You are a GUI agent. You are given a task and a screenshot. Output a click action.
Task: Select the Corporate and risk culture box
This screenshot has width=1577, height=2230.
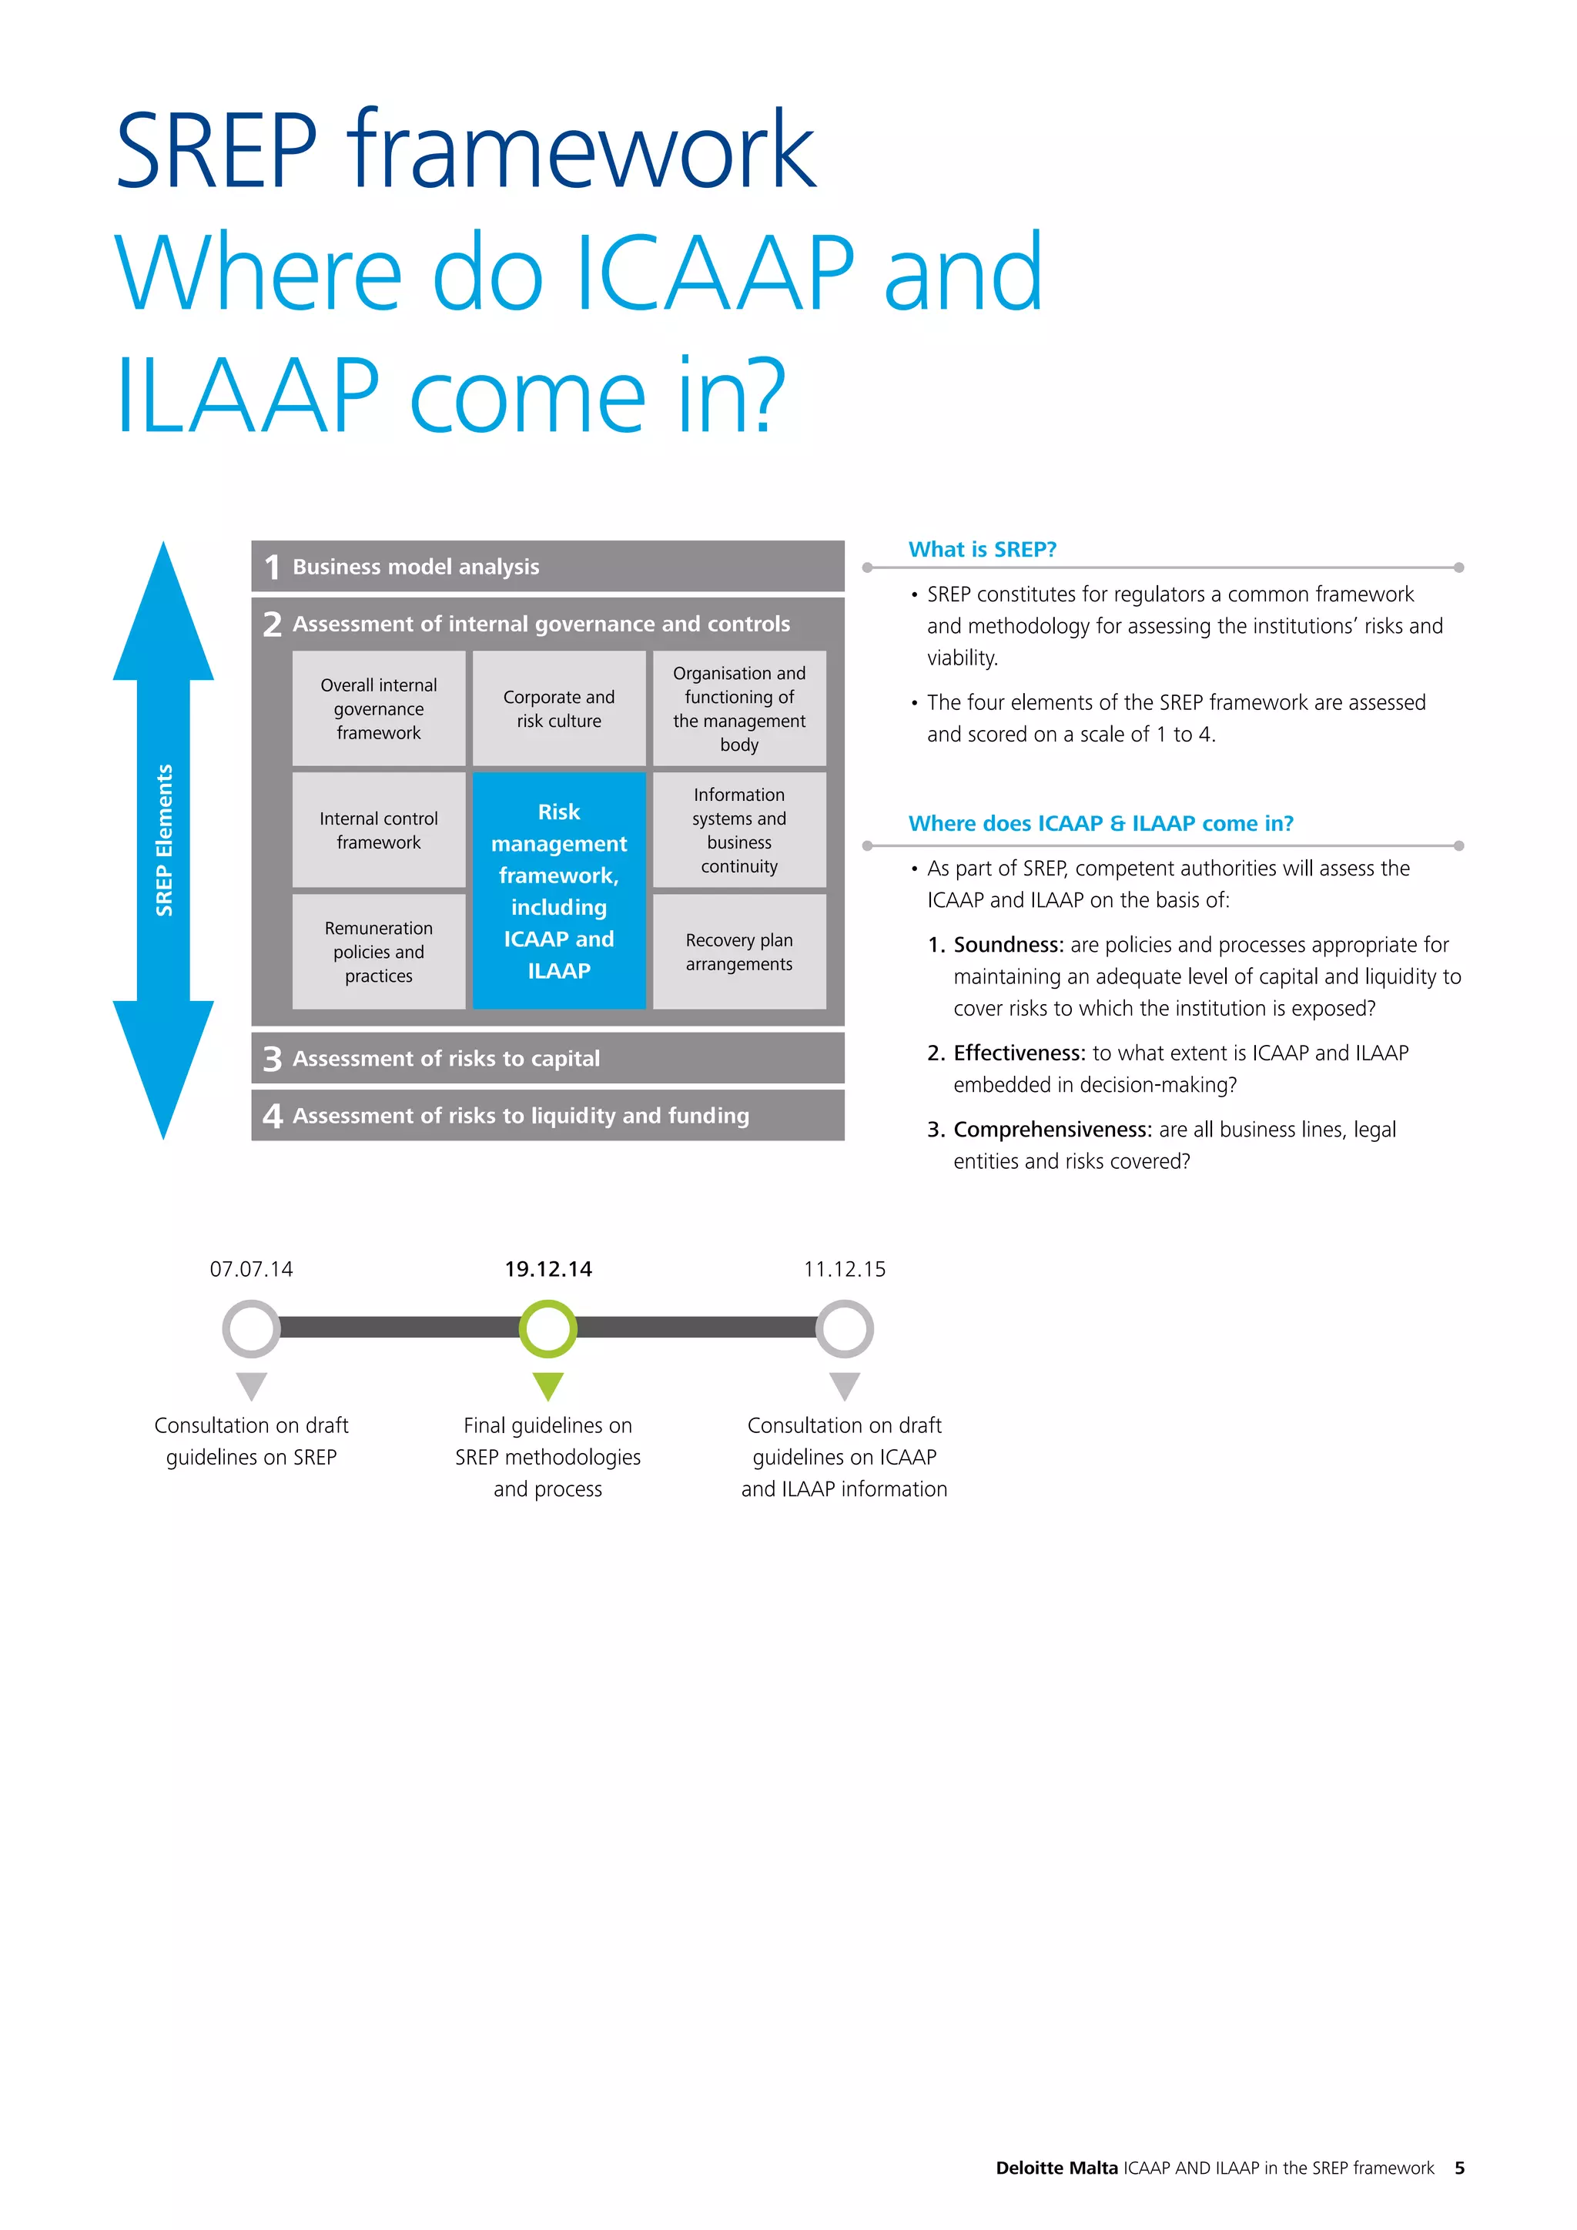coord(558,708)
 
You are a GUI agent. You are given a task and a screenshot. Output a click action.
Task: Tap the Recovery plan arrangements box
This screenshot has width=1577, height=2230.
coord(739,951)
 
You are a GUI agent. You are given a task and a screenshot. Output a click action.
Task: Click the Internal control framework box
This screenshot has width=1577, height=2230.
coord(379,829)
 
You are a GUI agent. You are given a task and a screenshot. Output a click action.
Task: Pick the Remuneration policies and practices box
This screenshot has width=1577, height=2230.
coord(379,951)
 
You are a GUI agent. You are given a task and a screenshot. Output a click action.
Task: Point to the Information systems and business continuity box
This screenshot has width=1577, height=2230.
coord(739,829)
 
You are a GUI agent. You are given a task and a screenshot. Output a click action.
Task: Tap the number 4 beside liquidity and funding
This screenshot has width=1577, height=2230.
coord(272,1115)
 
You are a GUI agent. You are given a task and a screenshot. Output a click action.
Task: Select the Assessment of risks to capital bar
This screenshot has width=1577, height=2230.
coord(547,1058)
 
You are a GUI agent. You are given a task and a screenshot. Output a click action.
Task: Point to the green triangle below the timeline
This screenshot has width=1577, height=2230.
coord(547,1384)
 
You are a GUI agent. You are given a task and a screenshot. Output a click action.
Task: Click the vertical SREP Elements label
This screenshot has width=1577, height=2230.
coord(164,840)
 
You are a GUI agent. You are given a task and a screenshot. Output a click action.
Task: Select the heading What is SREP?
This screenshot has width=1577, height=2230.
coord(982,549)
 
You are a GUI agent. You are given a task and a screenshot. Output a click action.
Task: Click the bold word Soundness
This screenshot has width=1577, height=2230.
coord(1008,944)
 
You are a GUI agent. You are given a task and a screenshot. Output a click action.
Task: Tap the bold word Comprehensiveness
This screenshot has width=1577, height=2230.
coord(1052,1129)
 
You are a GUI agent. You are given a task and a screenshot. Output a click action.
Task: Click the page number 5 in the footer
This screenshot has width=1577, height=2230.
coord(1458,2167)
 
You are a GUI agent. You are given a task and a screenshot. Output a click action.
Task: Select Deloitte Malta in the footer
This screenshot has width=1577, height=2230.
coord(1056,2167)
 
